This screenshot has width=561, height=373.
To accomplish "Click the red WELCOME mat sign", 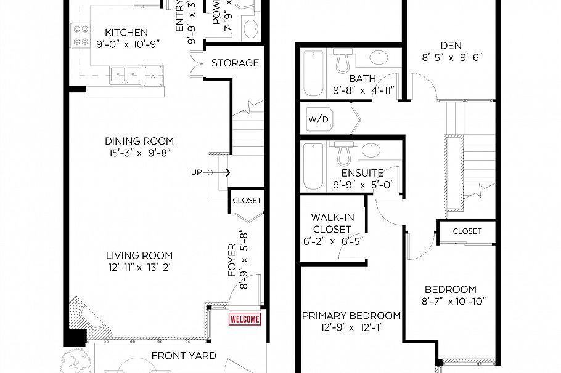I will [245, 319].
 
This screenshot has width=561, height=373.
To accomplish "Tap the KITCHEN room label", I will [126, 33].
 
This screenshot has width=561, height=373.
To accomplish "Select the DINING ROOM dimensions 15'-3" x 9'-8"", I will [139, 152].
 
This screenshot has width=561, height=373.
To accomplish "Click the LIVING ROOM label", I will [139, 255].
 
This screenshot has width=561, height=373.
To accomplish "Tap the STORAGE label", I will [235, 63].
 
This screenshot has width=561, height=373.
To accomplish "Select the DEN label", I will [451, 45].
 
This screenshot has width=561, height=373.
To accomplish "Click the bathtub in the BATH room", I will [313, 74].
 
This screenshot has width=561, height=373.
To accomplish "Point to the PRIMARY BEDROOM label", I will [351, 316].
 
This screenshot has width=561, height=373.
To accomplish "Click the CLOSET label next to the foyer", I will [247, 200].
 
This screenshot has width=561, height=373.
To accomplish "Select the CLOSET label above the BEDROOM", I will [467, 231].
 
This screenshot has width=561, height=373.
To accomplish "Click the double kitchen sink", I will [127, 74].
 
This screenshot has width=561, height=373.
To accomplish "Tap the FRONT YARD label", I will [184, 355].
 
